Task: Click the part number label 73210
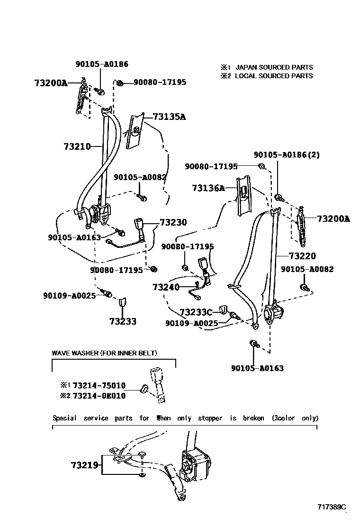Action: coord(77,147)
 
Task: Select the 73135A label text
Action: coord(169,117)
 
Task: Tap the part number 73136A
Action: coord(208,188)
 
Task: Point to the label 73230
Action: coord(173,222)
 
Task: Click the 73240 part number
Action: coord(166,287)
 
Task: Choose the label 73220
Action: coord(302,256)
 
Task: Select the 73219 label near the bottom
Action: coord(85,465)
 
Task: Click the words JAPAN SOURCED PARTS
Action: coord(274,67)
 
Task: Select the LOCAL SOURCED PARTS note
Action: coord(274,76)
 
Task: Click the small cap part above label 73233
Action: coord(122,301)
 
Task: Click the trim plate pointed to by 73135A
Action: coord(135,131)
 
